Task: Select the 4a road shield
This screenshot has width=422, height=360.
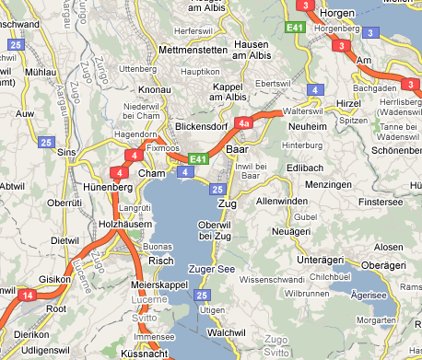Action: (x=243, y=122)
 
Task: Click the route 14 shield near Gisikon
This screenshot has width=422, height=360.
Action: (x=28, y=295)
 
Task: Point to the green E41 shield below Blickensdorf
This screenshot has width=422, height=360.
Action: (x=197, y=158)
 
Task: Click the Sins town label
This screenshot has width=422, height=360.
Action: (x=66, y=152)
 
